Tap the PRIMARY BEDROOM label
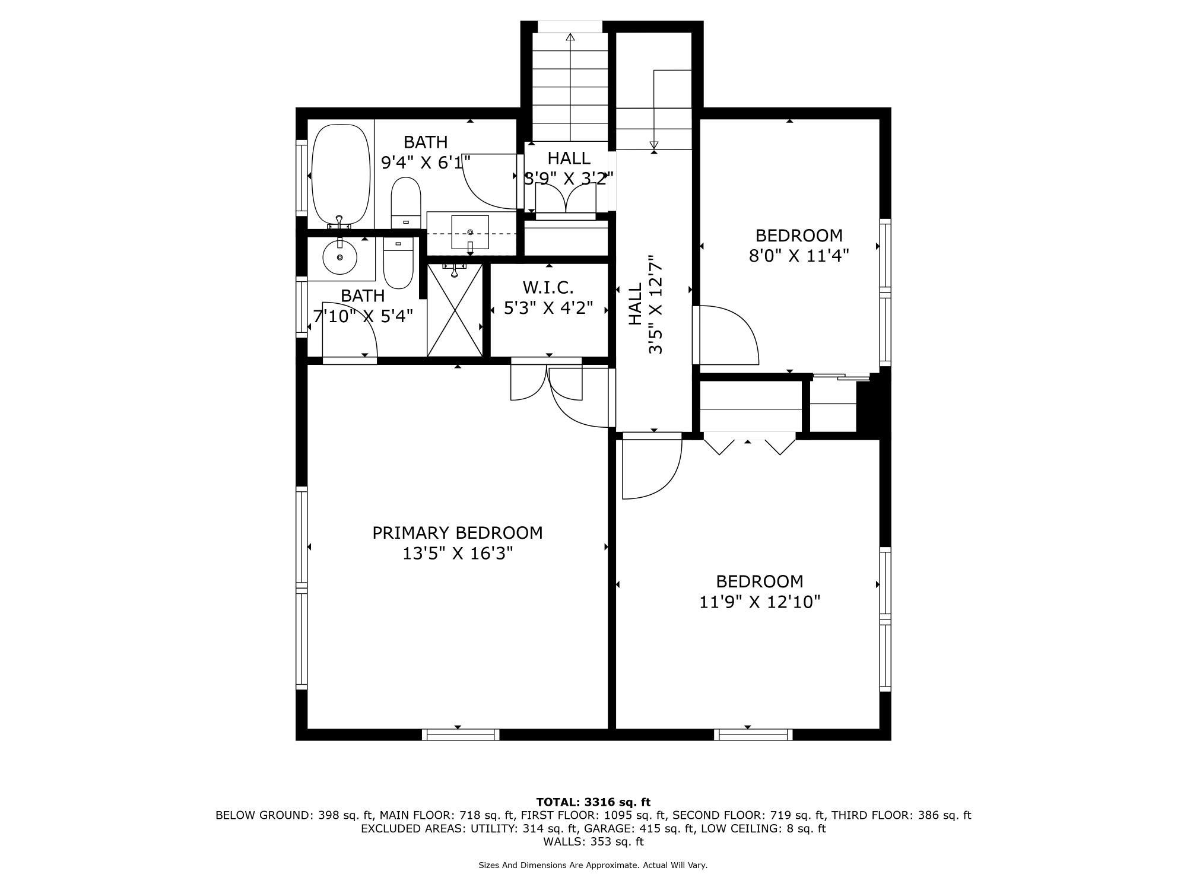[x=457, y=533]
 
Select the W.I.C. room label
[x=548, y=288]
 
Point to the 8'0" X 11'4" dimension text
[x=798, y=256]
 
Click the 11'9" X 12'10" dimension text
[x=759, y=602]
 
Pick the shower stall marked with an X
[x=455, y=310]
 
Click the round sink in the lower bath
[x=340, y=257]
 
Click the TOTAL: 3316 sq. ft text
[x=593, y=802]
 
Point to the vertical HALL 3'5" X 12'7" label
[x=645, y=304]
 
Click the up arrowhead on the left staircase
[x=570, y=37]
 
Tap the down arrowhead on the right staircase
[x=654, y=145]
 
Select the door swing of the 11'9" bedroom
[x=651, y=469]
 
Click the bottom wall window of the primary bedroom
[x=461, y=735]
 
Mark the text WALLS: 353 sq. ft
[x=593, y=841]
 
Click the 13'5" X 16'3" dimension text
[x=457, y=554]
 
